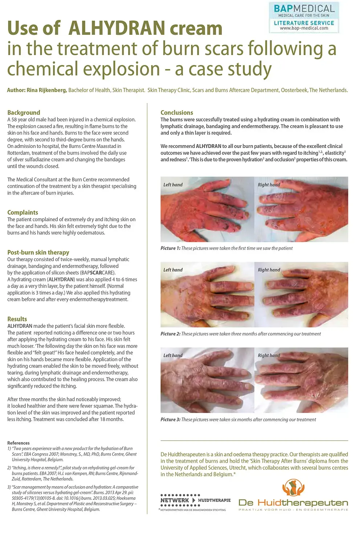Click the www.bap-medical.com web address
coord(304,28)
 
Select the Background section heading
coord(24,112)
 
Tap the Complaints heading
coord(23,213)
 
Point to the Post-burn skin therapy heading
coord(38,252)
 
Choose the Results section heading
coord(17,319)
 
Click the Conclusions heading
coord(177,112)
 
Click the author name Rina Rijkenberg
coord(46,90)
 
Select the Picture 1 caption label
coord(170,248)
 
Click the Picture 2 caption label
coord(170,334)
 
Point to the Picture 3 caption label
coord(170,420)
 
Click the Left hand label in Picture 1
coord(173,185)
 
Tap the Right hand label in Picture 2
coord(269,270)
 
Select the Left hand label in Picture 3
coord(173,355)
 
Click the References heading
coord(19,443)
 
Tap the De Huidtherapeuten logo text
coord(293,503)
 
